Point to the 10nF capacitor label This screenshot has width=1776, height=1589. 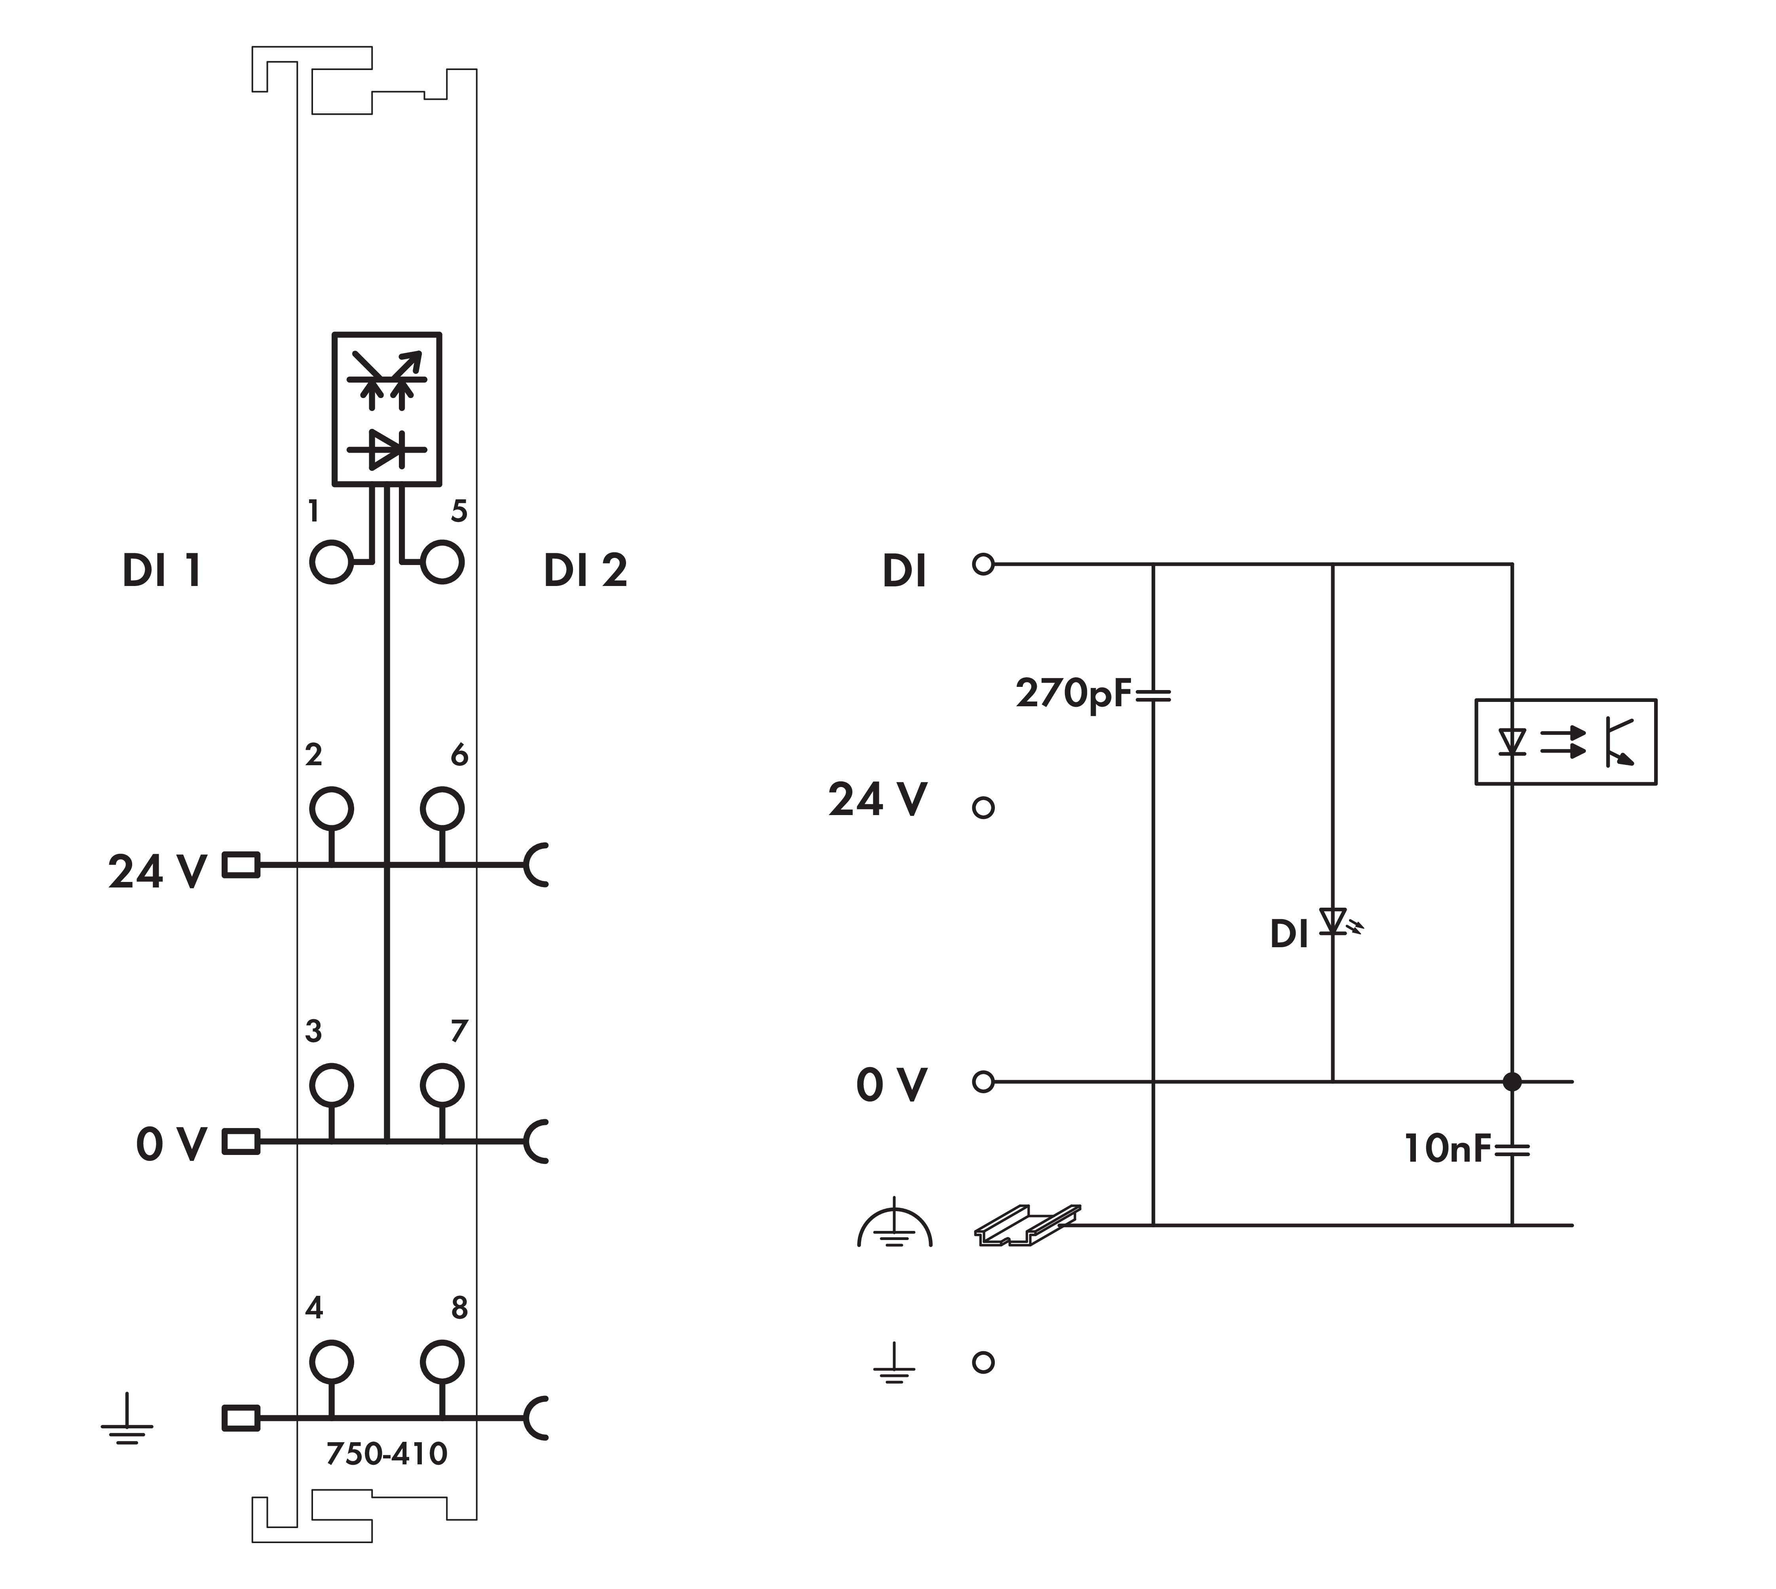pos(1447,1148)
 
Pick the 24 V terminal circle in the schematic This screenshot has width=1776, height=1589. pos(983,808)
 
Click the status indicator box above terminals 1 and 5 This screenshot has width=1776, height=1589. pos(387,409)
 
